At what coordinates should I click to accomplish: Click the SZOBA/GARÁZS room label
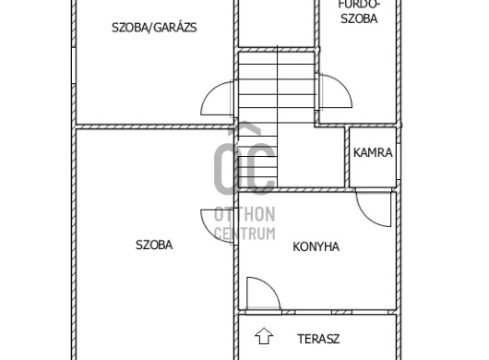(153, 28)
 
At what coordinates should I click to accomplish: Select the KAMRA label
(373, 153)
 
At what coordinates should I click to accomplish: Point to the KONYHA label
(316, 246)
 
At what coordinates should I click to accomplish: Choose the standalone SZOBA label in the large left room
(154, 246)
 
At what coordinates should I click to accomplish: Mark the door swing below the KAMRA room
(375, 209)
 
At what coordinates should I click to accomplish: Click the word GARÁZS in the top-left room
(179, 28)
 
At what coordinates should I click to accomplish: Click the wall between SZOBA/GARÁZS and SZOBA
(152, 126)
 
